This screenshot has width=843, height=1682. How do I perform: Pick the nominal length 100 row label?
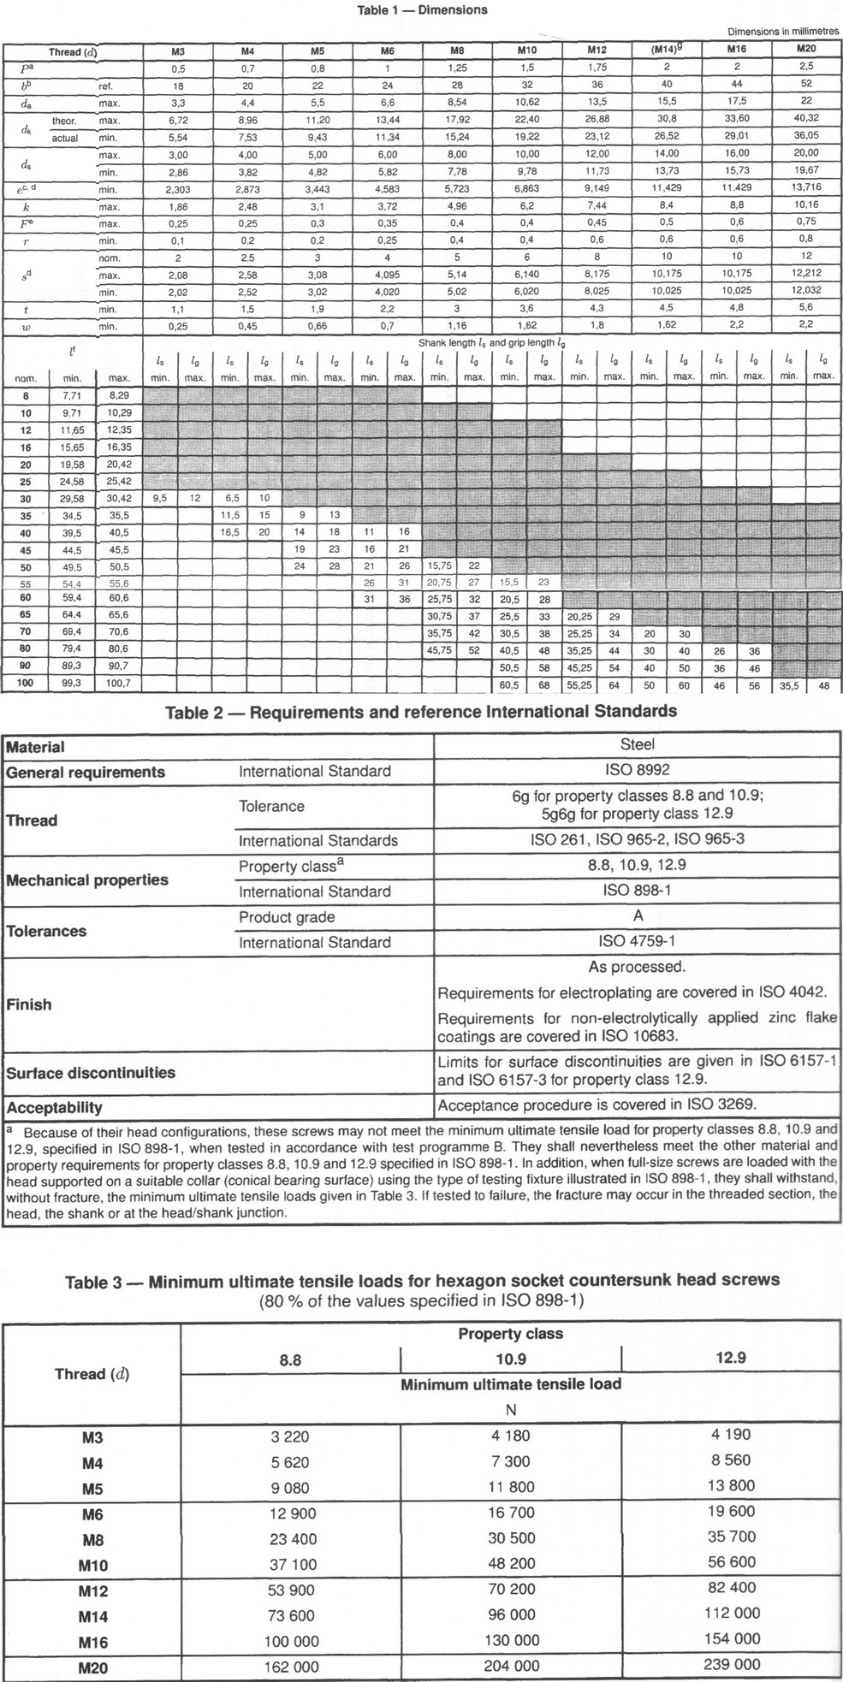[x=26, y=684]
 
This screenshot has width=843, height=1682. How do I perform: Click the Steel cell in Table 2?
[x=636, y=745]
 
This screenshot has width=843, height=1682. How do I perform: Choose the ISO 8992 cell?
[x=636, y=771]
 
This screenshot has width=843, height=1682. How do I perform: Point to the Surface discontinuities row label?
[x=91, y=1073]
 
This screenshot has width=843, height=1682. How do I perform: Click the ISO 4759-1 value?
[x=636, y=942]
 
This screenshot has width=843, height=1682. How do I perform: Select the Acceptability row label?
[x=54, y=1107]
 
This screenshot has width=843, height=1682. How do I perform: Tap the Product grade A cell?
[x=636, y=916]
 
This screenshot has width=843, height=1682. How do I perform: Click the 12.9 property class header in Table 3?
[x=730, y=1358]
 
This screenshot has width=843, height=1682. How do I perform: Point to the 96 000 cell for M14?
[x=511, y=1615]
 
